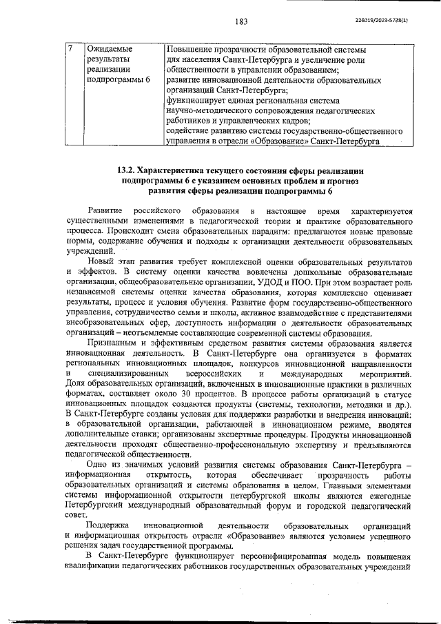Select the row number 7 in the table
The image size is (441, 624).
click(70, 49)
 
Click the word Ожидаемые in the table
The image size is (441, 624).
click(110, 49)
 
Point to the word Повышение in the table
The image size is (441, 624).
click(191, 49)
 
